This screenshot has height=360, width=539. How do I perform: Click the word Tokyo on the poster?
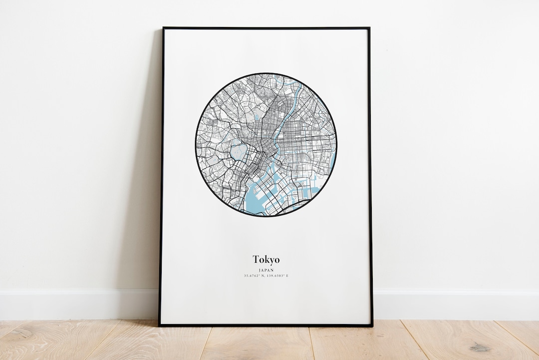[x=266, y=259]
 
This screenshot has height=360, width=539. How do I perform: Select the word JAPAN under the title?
[x=266, y=270]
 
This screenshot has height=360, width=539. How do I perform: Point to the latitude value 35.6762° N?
[x=255, y=276]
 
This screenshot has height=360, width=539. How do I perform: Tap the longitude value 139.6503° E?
[x=277, y=276]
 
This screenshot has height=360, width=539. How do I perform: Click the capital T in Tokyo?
[x=256, y=259]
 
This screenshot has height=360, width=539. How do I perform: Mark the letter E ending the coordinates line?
[x=287, y=276]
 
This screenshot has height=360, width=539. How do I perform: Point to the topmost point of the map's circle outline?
[x=266, y=73]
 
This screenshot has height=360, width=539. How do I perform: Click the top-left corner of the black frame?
[x=163, y=28]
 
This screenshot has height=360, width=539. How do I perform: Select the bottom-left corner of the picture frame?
[x=160, y=325]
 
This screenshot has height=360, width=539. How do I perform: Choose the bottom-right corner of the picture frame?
[x=372, y=326]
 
